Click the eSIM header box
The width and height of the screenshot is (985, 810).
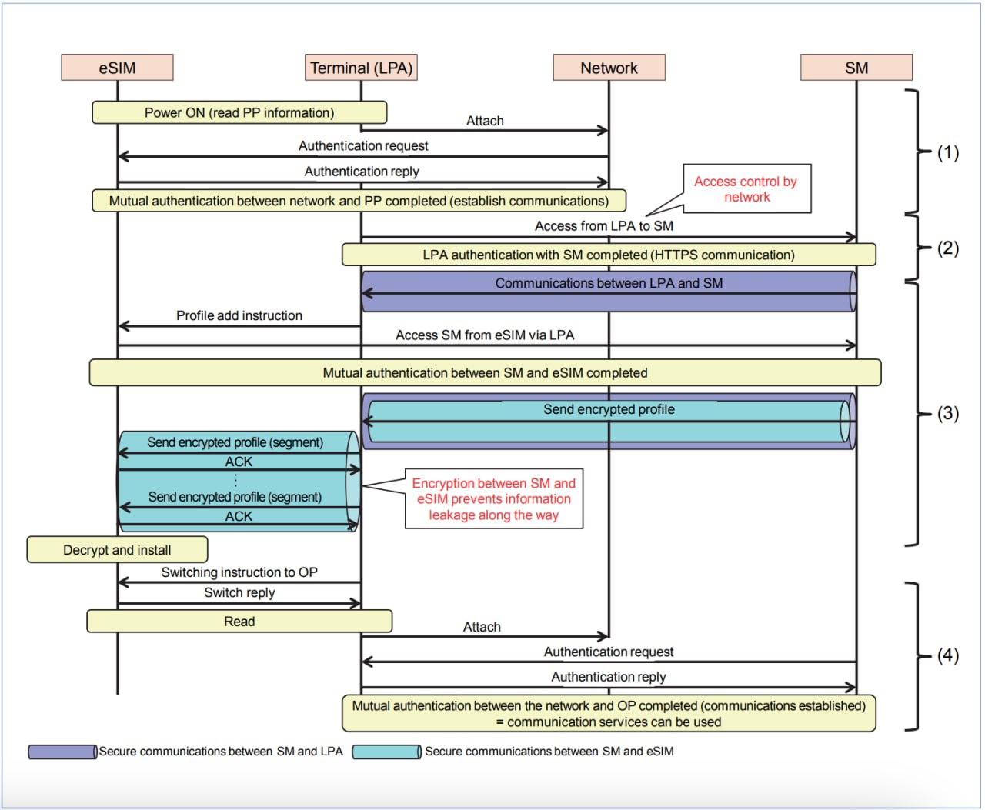[x=117, y=68]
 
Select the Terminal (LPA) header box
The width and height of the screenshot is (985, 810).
[x=361, y=68]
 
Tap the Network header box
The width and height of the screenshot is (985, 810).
[x=609, y=68]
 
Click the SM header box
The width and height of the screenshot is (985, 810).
[x=856, y=68]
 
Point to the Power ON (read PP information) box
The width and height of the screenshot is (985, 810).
[x=239, y=112]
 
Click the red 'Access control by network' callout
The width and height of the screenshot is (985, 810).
[x=746, y=189]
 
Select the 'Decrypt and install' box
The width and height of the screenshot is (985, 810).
[x=117, y=550]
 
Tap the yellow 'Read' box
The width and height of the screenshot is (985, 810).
[x=239, y=622]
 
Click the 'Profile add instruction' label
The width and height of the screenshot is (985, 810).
[x=239, y=315]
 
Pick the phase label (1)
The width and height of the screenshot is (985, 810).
[x=947, y=152]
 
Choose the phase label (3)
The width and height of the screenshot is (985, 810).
[x=947, y=413]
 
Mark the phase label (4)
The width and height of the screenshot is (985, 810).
[x=947, y=655]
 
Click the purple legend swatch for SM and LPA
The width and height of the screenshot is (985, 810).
[x=62, y=752]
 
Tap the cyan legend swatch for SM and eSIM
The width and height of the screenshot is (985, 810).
[x=387, y=752]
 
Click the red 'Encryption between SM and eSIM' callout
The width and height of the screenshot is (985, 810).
[x=494, y=499]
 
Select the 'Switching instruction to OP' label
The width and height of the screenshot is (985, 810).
[x=239, y=572]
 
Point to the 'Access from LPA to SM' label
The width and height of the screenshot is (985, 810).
[x=604, y=226]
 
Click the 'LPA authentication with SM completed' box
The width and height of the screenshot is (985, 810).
[x=609, y=255]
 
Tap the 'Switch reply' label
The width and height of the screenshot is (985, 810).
[x=239, y=592]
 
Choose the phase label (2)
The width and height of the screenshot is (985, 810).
[x=947, y=248]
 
